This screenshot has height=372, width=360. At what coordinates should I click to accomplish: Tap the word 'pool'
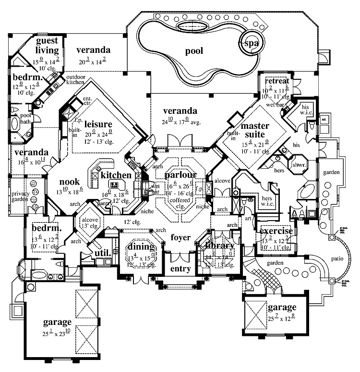(x=194, y=51)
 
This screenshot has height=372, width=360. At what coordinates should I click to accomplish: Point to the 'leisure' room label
(x=98, y=124)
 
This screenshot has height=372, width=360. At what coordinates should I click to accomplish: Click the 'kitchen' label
(x=116, y=175)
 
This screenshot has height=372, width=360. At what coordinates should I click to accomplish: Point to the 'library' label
(x=219, y=246)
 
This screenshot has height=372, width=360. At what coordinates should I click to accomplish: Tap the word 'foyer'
(x=180, y=237)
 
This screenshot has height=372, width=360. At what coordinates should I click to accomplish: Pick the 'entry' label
(x=180, y=269)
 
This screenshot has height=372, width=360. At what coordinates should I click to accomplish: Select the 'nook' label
(x=70, y=182)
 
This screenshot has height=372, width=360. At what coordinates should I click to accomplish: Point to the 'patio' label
(x=337, y=259)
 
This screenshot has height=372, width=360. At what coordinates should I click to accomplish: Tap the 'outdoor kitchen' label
(x=76, y=80)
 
